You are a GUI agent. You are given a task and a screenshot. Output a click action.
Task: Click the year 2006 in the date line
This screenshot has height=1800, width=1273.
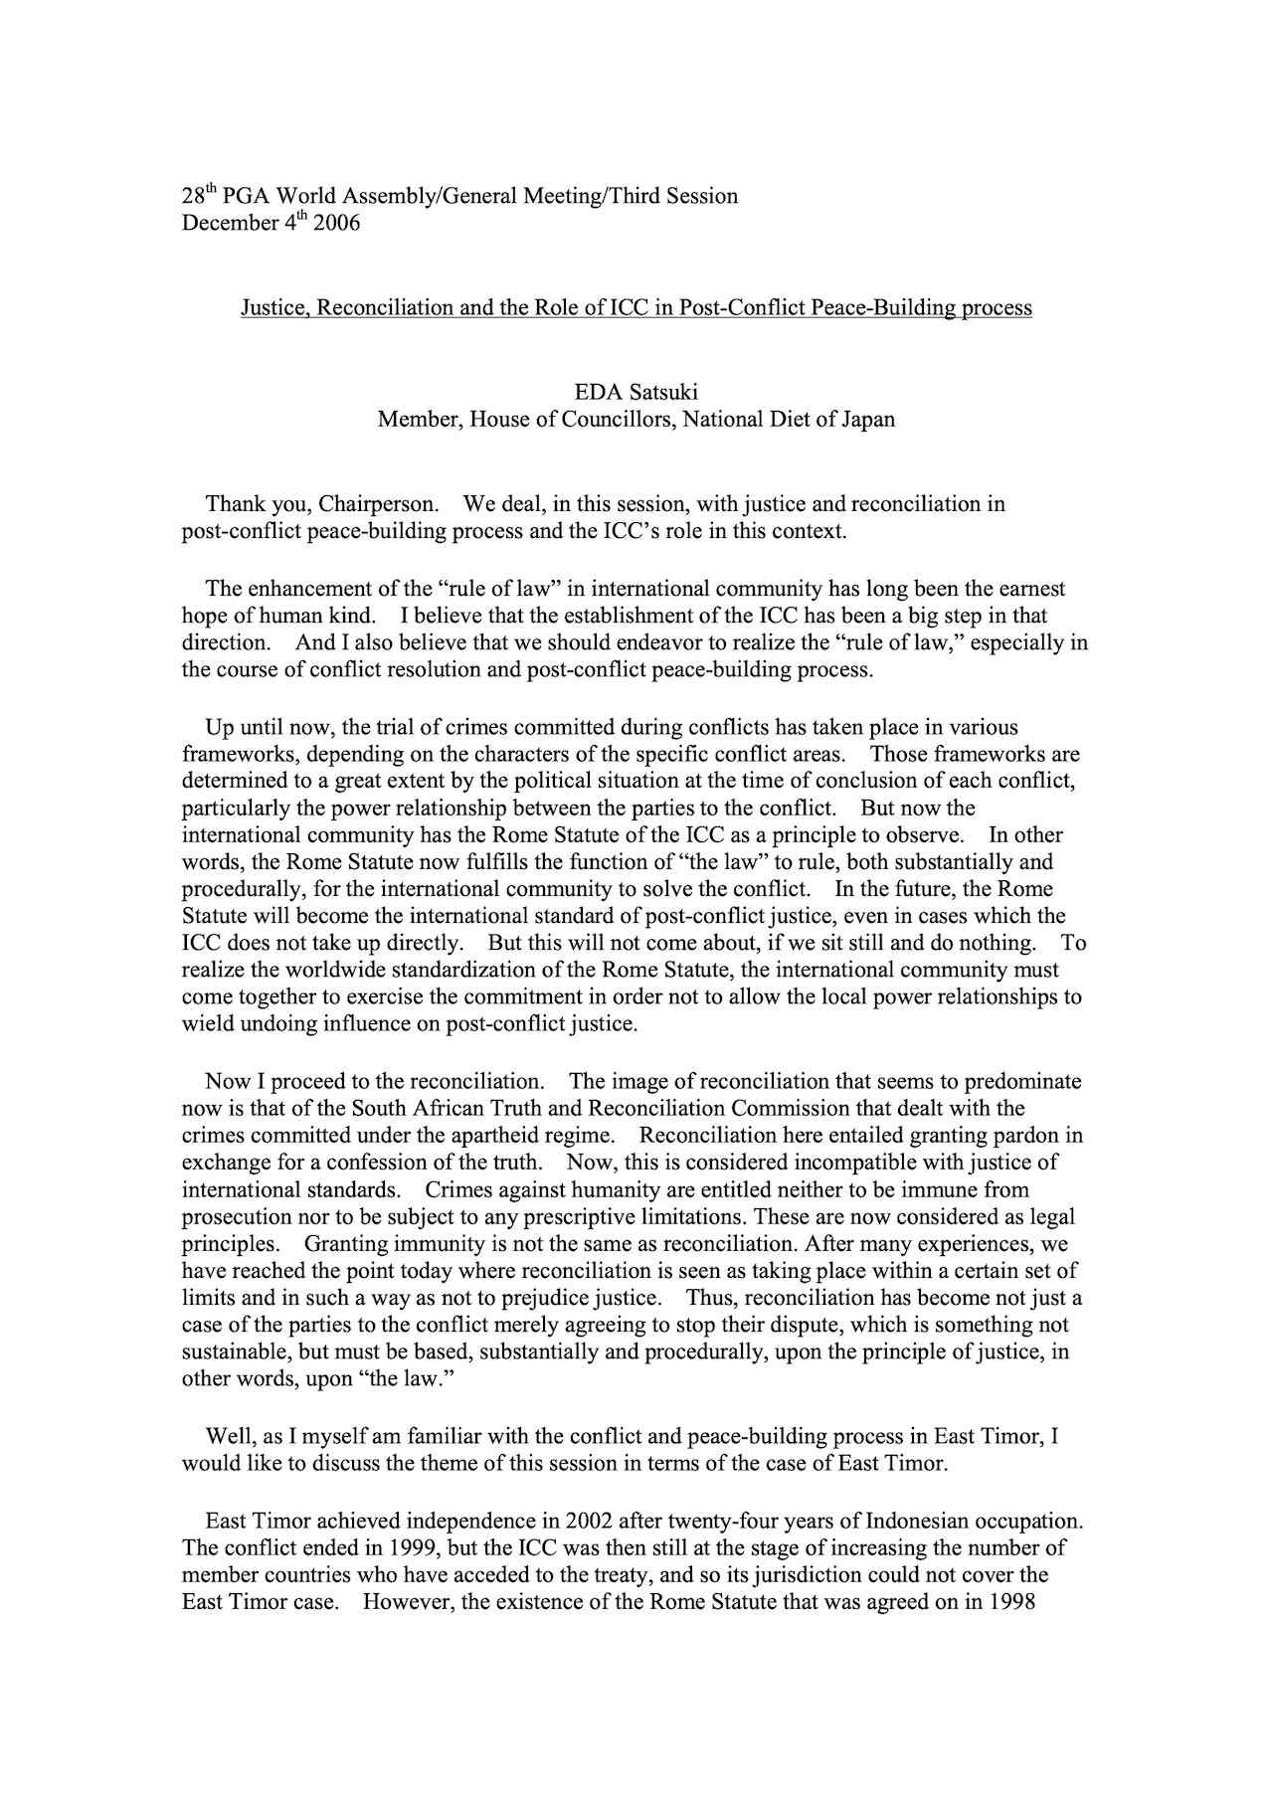point(336,223)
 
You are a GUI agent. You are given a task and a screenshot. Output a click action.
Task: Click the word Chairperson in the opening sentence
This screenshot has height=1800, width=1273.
point(379,504)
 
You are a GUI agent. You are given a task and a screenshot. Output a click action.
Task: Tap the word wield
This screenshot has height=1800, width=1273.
point(206,1023)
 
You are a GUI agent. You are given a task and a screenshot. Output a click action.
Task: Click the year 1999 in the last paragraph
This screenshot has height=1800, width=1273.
point(408,1548)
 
